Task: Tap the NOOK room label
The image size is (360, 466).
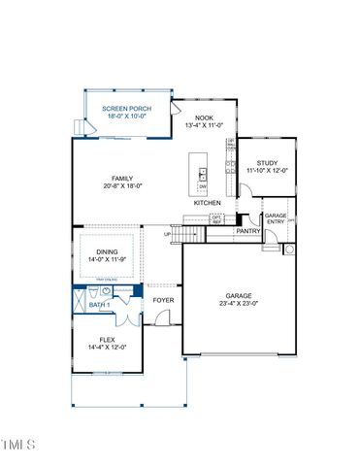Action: tap(204, 117)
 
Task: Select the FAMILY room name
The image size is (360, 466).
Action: tap(122, 179)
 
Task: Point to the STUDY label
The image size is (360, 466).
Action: tap(268, 164)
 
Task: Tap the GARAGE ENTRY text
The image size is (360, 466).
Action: tap(276, 218)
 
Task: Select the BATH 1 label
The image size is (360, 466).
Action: tap(101, 307)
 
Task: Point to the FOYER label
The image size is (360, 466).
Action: tap(163, 300)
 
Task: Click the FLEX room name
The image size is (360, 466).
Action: tap(107, 340)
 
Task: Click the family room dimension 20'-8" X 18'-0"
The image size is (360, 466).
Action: tap(122, 185)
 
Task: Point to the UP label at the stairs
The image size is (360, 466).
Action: tap(167, 234)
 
